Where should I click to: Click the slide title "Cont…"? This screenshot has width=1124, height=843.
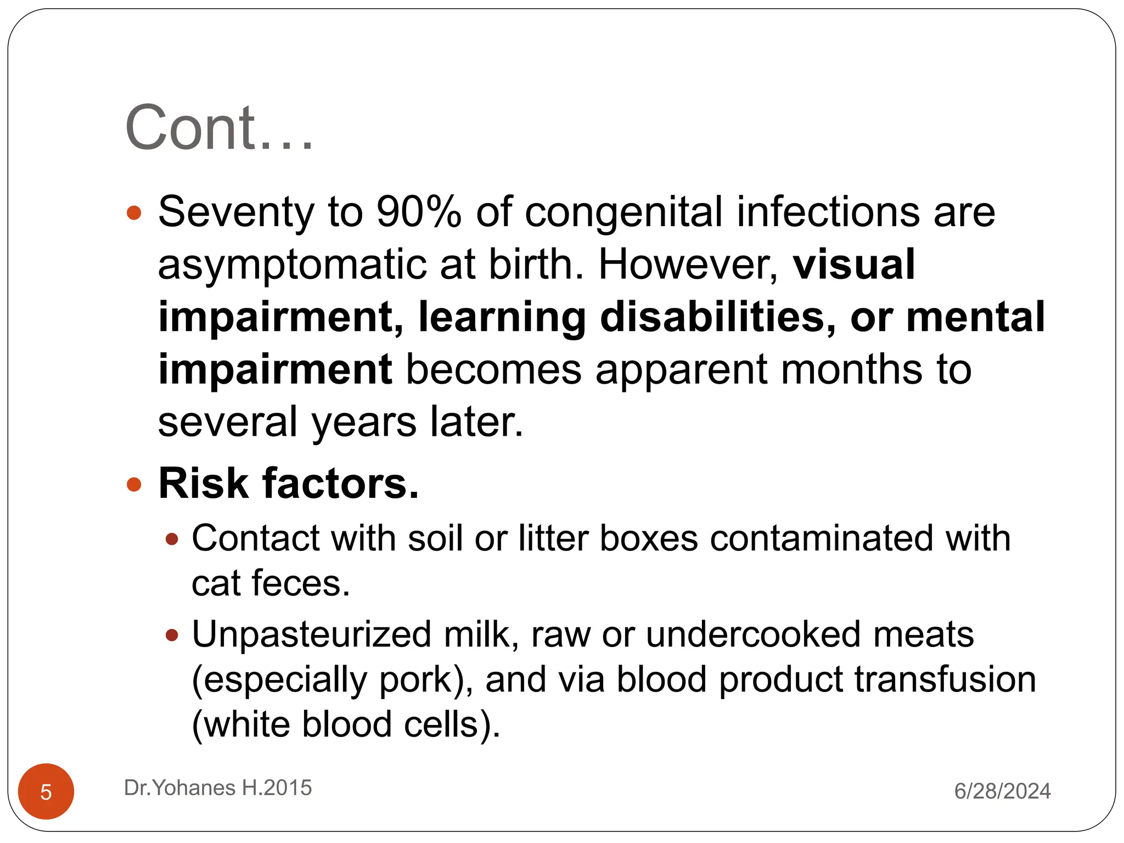tap(219, 128)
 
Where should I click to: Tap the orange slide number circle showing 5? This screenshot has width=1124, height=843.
tap(46, 791)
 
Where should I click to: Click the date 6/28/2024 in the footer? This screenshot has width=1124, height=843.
tap(1002, 791)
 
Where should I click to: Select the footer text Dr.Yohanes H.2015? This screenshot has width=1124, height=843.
tap(218, 788)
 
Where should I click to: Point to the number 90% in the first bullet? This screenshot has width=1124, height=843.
tap(419, 212)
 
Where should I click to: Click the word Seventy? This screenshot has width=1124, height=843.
tap(236, 212)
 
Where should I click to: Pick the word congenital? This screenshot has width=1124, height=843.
tap(623, 212)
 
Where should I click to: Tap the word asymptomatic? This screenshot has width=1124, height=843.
tap(291, 265)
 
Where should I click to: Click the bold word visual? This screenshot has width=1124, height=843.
tap(854, 265)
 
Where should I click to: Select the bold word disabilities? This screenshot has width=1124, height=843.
tap(718, 317)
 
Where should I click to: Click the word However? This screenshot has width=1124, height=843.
tap(688, 265)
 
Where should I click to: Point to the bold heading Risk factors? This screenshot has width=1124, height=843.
tap(289, 484)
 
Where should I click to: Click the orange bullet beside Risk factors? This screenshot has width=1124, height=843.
tap(134, 484)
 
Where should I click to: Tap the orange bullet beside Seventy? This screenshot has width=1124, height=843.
tap(134, 212)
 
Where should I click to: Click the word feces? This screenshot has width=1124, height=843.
tap(301, 583)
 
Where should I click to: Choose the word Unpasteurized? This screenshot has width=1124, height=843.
tap(311, 634)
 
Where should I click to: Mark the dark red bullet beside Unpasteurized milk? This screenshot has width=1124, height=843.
tap(172, 636)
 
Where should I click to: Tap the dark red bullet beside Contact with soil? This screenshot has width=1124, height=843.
tap(172, 539)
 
